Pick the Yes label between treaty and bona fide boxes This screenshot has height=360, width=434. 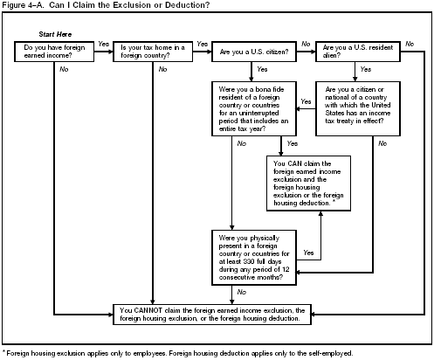(x=306, y=101)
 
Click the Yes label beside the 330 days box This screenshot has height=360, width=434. (x=307, y=253)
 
